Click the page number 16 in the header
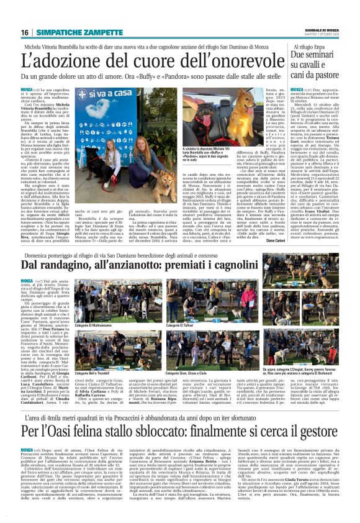click(25, 32)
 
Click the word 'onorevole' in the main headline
click(243, 60)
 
